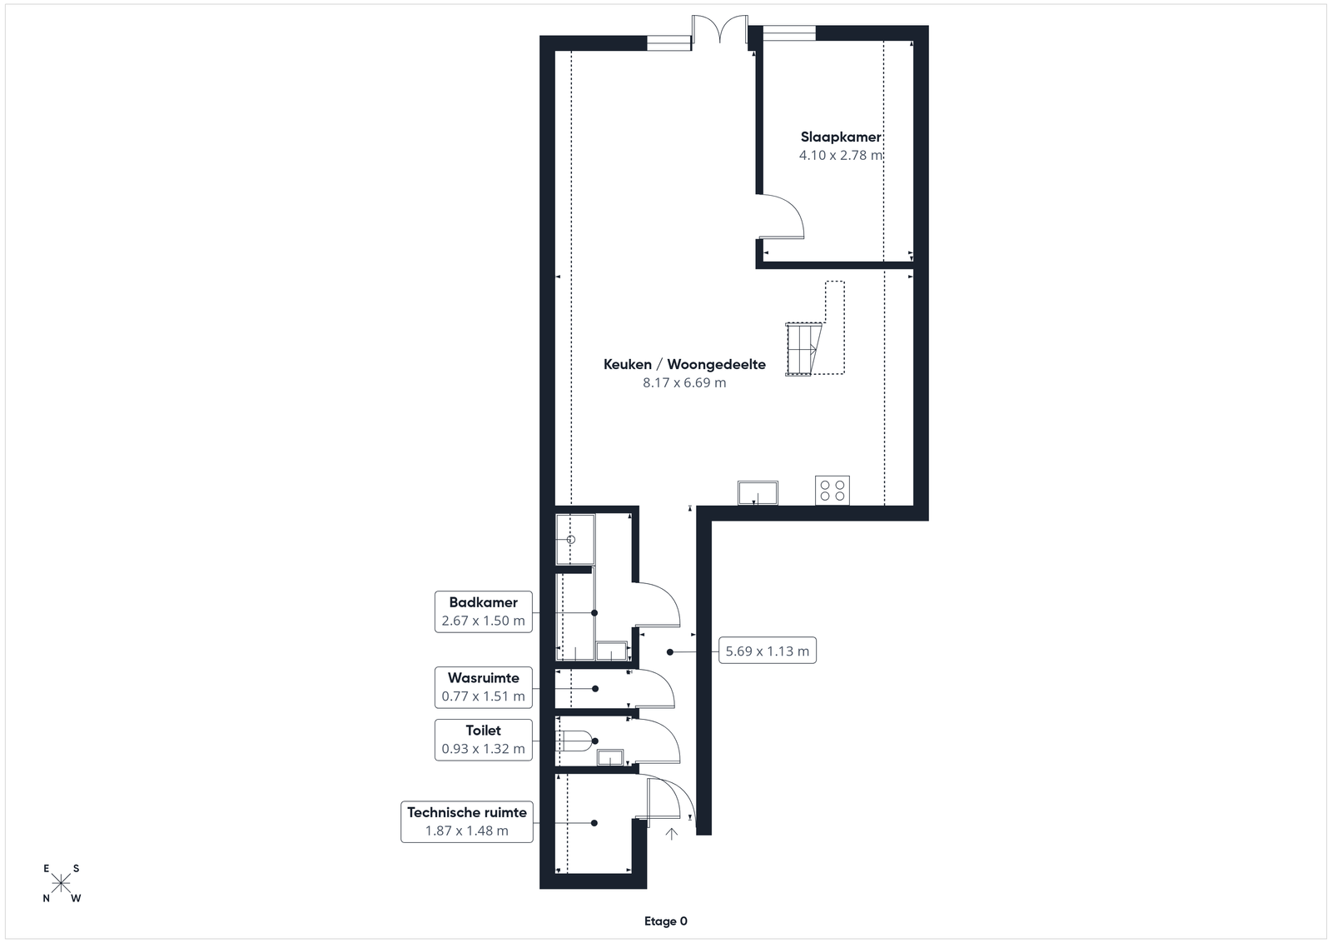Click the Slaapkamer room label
coord(841,137)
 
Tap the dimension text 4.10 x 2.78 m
coord(841,155)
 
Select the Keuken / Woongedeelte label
coord(684,364)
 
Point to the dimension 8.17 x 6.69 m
coord(684,382)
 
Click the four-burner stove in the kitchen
coord(832,491)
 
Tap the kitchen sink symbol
coord(758,492)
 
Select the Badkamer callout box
coord(484,611)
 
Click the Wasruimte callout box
coord(484,687)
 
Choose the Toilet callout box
coord(484,740)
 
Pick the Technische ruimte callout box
coord(467,821)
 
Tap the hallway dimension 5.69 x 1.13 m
coord(768,651)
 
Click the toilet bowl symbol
coord(574,741)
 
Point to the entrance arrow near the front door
coord(671,834)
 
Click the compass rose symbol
coord(62,884)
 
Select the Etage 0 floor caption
coord(666,921)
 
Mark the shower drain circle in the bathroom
coord(571,540)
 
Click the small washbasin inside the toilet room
coord(610,757)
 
